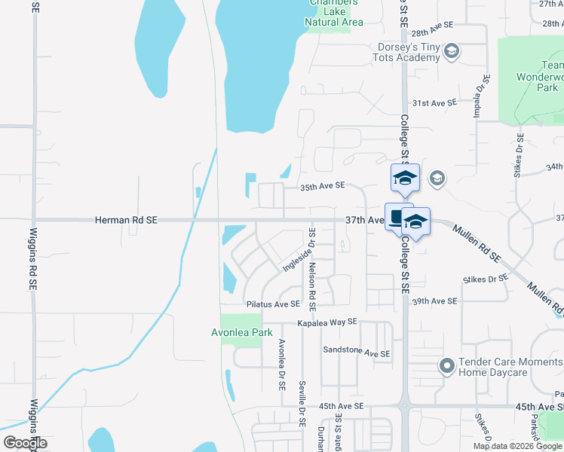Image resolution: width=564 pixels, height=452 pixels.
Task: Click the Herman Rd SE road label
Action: click(126, 220)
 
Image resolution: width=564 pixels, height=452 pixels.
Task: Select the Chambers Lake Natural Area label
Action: click(333, 12)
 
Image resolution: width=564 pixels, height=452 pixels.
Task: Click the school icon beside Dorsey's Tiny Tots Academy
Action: click(452, 51)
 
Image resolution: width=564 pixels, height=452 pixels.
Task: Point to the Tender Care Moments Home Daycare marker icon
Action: click(446, 366)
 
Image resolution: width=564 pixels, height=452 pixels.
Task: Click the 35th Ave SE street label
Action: click(323, 185)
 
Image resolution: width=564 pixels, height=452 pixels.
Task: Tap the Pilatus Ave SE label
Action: click(273, 304)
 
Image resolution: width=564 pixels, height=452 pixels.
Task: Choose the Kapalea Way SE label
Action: click(326, 322)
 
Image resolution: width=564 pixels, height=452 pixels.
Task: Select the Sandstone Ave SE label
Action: click(356, 352)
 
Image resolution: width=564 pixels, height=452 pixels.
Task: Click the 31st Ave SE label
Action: click(434, 102)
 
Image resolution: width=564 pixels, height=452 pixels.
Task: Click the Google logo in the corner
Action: click(24, 442)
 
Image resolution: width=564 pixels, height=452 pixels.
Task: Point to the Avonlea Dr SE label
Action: click(281, 364)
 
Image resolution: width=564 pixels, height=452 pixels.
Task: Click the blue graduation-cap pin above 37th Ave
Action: click(404, 179)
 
